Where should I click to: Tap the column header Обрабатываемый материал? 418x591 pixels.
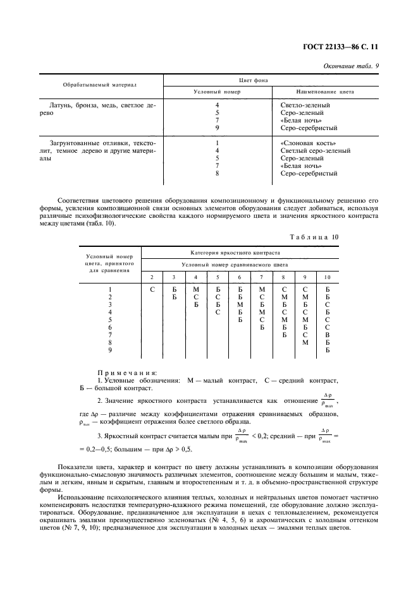(x=100, y=85)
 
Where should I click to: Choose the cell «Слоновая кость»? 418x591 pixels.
(x=308, y=143)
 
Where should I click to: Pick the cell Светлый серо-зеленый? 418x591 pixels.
(x=316, y=151)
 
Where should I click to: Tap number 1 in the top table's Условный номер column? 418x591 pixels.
(x=217, y=143)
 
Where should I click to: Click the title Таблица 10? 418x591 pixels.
(x=345, y=237)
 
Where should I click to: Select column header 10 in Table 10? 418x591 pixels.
(x=327, y=278)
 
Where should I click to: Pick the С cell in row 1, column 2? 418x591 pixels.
(x=152, y=289)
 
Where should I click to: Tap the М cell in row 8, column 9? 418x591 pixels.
(x=305, y=342)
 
